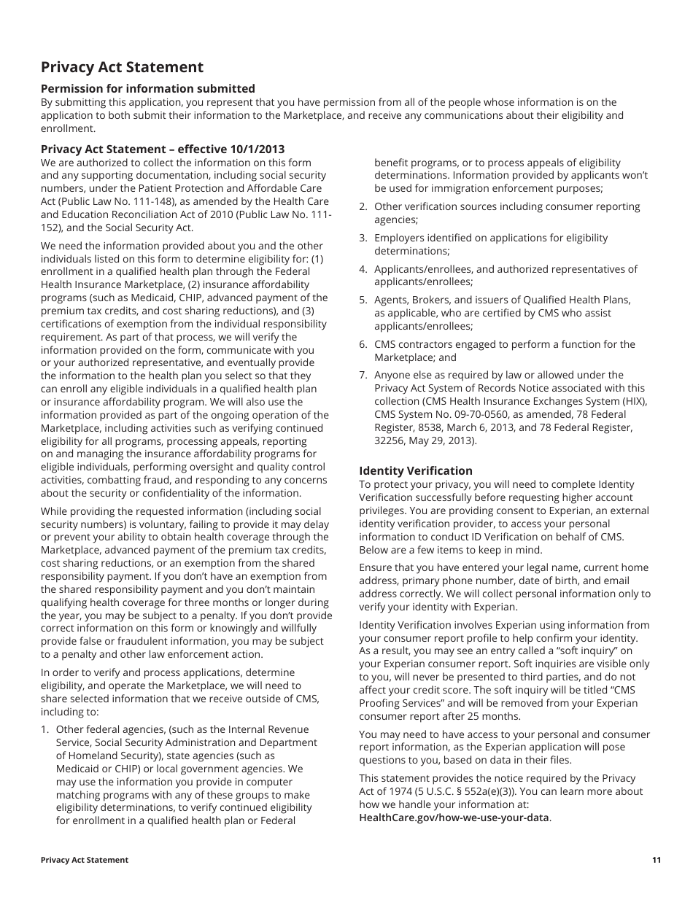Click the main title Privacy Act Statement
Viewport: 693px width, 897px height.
(x=122, y=68)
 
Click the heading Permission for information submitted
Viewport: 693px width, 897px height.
(x=147, y=88)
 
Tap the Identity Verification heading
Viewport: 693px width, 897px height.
(x=415, y=470)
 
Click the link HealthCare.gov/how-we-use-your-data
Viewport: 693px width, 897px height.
(x=454, y=818)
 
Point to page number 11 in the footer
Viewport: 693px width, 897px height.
(x=657, y=860)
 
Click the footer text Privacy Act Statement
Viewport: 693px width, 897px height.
(x=85, y=860)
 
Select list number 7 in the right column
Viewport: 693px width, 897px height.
(x=363, y=375)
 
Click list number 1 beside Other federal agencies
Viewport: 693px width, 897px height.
(x=44, y=729)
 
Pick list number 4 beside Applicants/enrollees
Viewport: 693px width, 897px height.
(x=363, y=269)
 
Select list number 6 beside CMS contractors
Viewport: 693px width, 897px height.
(x=363, y=344)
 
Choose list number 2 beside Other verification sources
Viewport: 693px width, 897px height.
(x=363, y=206)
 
